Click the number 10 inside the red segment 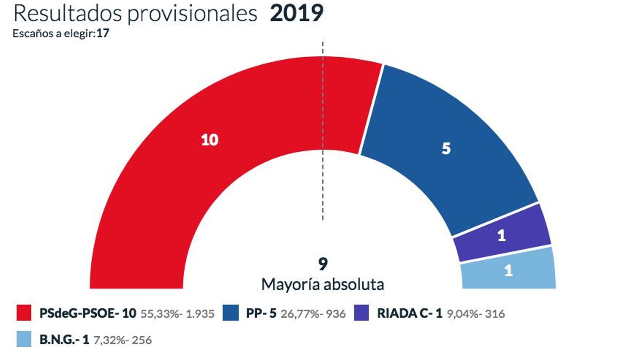point(210,140)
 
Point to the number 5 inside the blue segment point(446,149)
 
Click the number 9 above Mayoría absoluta point(323,264)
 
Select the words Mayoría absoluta point(323,284)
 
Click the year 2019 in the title point(296,13)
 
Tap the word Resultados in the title point(67,13)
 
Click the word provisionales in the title point(192,14)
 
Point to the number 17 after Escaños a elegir point(103,33)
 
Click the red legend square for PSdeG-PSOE point(24,313)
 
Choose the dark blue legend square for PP point(230,313)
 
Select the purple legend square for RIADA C point(362,313)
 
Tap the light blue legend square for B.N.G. point(24,339)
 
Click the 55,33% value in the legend point(159,314)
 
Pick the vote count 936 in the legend point(336,314)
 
